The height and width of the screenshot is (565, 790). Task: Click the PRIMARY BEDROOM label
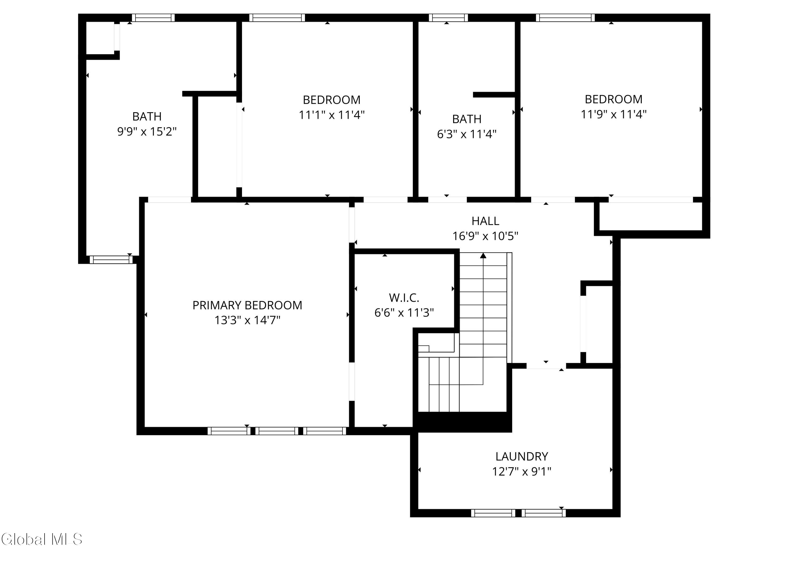click(247, 305)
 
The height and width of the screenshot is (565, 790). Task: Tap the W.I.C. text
click(404, 298)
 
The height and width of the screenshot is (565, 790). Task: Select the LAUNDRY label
click(522, 456)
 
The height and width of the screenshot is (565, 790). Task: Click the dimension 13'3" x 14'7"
click(247, 320)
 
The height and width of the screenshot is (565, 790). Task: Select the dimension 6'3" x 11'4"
click(467, 134)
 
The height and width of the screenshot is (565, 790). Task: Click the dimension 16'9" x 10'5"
click(485, 236)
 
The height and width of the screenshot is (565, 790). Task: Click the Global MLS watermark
click(42, 539)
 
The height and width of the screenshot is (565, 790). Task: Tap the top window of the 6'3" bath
click(448, 18)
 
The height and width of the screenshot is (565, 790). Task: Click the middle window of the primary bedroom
click(277, 431)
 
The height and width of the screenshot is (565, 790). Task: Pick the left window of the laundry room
click(493, 513)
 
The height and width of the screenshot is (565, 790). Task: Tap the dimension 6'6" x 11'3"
click(404, 313)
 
